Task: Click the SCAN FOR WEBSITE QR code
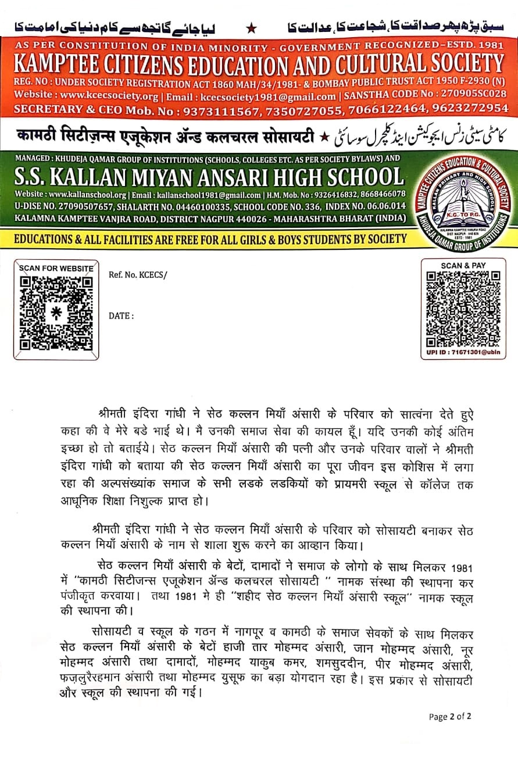[x=56, y=314]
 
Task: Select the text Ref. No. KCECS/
[x=137, y=274]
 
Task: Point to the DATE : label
[x=121, y=316]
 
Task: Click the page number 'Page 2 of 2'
[x=450, y=716]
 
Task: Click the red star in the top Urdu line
[x=252, y=27]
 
